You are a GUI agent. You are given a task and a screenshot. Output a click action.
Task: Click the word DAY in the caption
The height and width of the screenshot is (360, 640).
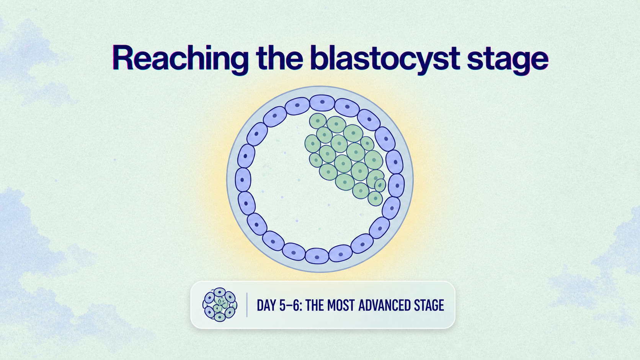[266, 305]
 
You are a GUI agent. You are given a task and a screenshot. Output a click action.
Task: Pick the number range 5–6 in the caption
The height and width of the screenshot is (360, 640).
[290, 305]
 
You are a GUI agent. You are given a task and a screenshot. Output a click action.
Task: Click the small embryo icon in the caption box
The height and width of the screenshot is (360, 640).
[220, 305]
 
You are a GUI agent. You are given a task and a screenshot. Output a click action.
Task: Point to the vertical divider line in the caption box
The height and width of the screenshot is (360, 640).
[247, 305]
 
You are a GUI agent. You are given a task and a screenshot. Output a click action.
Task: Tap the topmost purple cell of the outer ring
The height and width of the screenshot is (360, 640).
[322, 103]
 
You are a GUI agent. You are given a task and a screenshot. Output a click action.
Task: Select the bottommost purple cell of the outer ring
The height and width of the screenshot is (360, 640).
[317, 256]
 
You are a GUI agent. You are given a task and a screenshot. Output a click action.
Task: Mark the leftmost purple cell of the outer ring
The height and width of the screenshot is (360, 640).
[243, 180]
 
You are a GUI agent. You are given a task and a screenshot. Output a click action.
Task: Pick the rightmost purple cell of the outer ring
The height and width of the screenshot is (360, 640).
[397, 186]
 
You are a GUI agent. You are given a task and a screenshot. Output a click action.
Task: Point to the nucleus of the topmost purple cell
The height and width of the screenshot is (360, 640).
[322, 102]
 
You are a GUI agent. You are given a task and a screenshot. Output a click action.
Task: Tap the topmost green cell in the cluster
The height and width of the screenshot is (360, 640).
[318, 121]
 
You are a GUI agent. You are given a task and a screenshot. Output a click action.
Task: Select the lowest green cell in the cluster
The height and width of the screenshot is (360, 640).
[375, 199]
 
